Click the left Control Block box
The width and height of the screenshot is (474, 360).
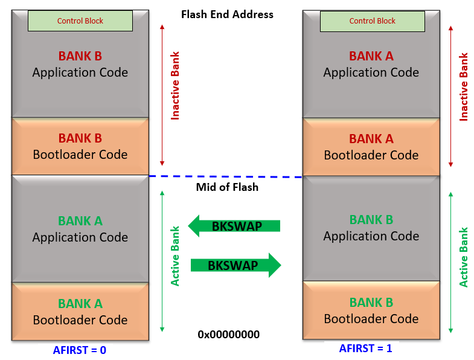pyautogui.click(x=80, y=21)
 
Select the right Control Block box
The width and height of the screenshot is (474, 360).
pyautogui.click(x=372, y=21)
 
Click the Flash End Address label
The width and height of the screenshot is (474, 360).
pyautogui.click(x=227, y=14)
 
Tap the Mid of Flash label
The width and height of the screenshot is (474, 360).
pyautogui.click(x=227, y=187)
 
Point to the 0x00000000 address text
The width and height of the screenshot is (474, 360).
pyautogui.click(x=228, y=334)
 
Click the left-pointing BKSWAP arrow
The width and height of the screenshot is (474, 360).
pyautogui.click(x=234, y=226)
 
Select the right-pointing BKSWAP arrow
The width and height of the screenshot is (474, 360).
pyautogui.click(x=235, y=265)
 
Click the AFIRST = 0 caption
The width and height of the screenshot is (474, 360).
pyautogui.click(x=80, y=350)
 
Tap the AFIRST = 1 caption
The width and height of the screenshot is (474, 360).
pyautogui.click(x=365, y=348)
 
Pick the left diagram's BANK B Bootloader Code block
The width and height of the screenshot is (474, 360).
pyautogui.click(x=80, y=146)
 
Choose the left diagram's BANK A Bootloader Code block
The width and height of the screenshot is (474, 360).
pyautogui.click(x=80, y=312)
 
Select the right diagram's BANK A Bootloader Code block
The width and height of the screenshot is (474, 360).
pyautogui.click(x=371, y=147)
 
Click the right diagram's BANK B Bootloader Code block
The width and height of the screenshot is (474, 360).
pyautogui.click(x=371, y=310)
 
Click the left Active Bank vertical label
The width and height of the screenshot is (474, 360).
pyautogui.click(x=175, y=256)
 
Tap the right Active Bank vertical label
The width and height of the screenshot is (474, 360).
pyautogui.click(x=464, y=257)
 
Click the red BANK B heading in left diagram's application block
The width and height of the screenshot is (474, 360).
pyautogui.click(x=80, y=56)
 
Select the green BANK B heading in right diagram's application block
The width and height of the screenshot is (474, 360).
pyautogui.click(x=371, y=220)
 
